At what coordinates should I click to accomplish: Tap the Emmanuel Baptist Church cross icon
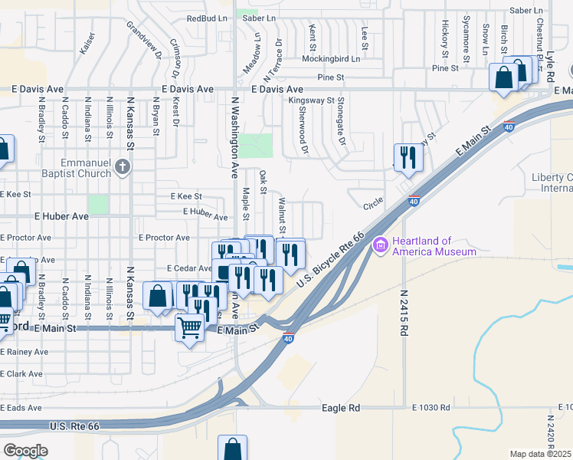pyautogui.click(x=123, y=166)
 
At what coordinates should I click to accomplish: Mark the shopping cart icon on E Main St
pyautogui.click(x=189, y=328)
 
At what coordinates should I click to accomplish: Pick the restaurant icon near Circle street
pyautogui.click(x=408, y=158)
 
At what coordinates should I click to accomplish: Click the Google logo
pyautogui.click(x=25, y=451)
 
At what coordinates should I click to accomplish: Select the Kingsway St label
pyautogui.click(x=311, y=100)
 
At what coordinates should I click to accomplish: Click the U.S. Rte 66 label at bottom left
pyautogui.click(x=74, y=426)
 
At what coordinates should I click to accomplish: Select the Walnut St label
pyautogui.click(x=282, y=216)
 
